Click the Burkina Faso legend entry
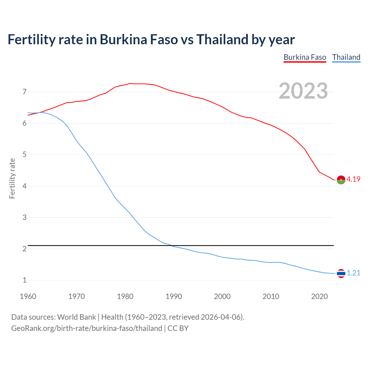(305, 57)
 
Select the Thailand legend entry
(346, 57)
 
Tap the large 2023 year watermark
(303, 91)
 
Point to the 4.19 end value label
(353, 179)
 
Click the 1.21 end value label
(353, 273)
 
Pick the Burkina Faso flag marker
(341, 180)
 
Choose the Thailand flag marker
(341, 273)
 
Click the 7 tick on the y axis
(24, 92)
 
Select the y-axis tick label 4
(24, 186)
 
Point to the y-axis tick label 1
(24, 280)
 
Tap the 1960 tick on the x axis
(28, 296)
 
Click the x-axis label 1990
(174, 296)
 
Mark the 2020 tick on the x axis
(319, 296)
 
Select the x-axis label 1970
(76, 296)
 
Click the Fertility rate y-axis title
(12, 178)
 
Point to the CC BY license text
(178, 328)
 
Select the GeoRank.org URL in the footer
(87, 328)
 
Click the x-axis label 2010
(271, 296)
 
